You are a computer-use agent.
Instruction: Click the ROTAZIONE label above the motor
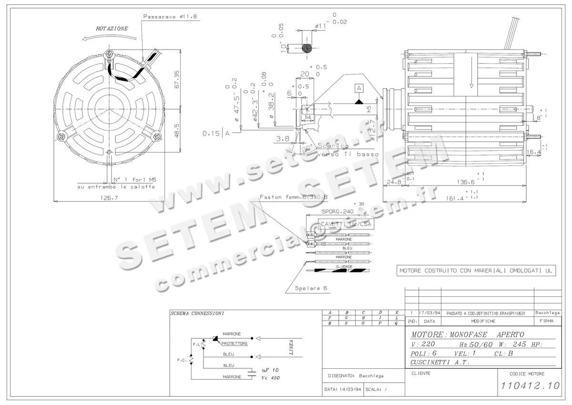pos(112,29)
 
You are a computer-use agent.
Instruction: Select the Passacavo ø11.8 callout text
pos(170,16)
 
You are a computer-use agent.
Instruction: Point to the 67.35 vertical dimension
pos(177,80)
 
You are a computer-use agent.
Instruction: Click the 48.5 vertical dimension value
pos(177,130)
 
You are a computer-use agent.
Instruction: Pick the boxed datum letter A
pos(358,88)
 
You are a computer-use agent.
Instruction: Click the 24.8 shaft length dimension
pos(394,182)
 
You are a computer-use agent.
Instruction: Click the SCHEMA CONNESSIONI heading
pos(197,314)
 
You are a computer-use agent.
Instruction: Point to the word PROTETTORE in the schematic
pos(235,343)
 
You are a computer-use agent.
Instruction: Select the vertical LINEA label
pos(291,347)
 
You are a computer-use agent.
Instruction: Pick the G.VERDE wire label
pos(344,267)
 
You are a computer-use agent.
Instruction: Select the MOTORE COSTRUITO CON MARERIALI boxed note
pos(476,270)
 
